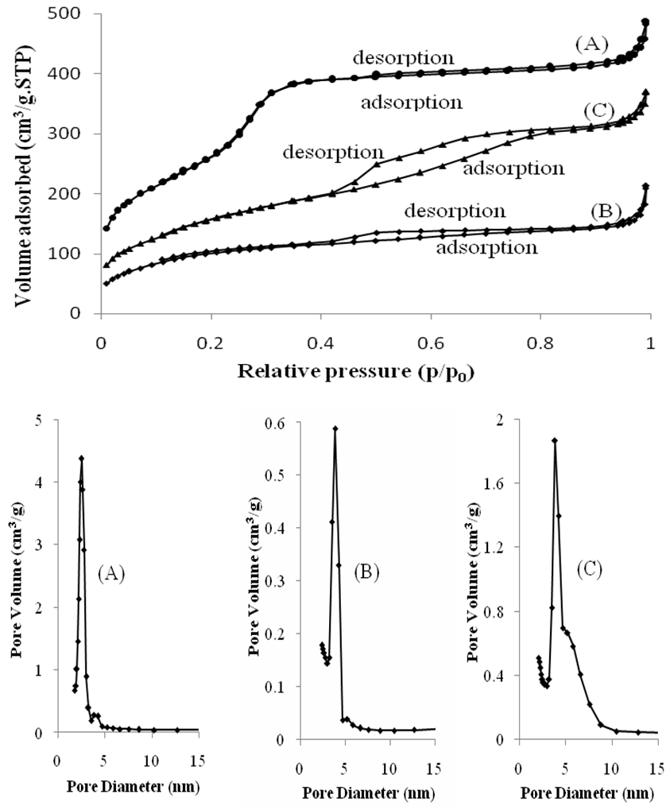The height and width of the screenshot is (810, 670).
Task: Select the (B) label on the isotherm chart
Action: (x=605, y=212)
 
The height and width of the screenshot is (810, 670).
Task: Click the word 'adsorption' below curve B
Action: (x=487, y=247)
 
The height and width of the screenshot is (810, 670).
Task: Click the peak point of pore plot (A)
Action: (x=81, y=458)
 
